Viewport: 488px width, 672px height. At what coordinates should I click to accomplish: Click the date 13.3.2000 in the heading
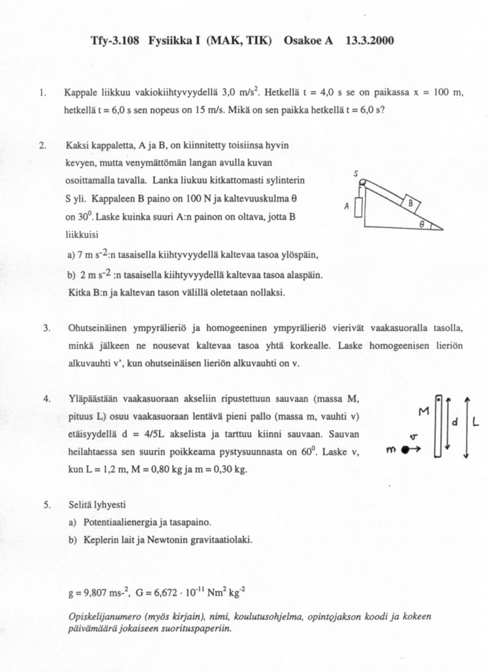tap(370, 41)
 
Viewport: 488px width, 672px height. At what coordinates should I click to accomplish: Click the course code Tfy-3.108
tap(115, 41)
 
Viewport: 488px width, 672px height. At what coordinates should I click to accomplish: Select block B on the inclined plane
tap(410, 203)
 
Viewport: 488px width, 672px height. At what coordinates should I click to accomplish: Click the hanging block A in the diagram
tap(359, 208)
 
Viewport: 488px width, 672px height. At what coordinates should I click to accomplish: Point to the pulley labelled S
tap(362, 182)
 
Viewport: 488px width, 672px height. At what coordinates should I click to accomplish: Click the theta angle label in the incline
tap(422, 224)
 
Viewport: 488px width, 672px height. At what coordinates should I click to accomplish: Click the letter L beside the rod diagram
tap(476, 423)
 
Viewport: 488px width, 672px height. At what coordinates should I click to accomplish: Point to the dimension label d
tap(455, 423)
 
